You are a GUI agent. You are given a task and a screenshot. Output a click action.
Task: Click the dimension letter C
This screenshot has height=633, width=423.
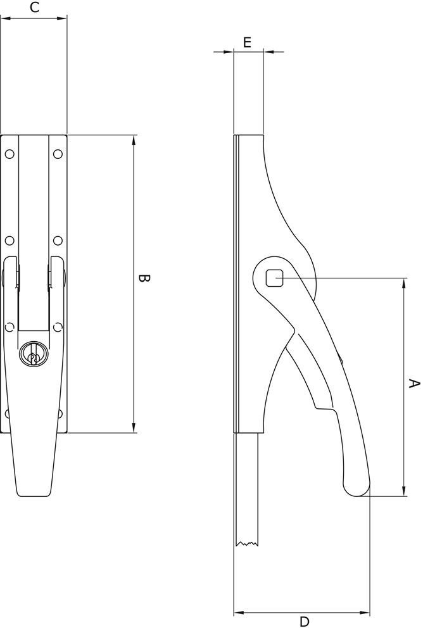35,7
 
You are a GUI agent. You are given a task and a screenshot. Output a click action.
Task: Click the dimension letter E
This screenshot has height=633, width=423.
247,42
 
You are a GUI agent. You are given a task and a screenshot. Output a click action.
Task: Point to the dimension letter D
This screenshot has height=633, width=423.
304,622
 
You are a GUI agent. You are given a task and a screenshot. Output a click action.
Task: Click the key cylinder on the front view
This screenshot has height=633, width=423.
34,354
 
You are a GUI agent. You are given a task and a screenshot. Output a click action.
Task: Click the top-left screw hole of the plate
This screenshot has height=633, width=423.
9,154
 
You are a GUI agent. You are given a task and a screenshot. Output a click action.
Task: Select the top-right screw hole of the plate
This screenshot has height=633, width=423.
58,154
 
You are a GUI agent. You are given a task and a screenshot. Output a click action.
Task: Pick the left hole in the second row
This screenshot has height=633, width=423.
9,241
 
